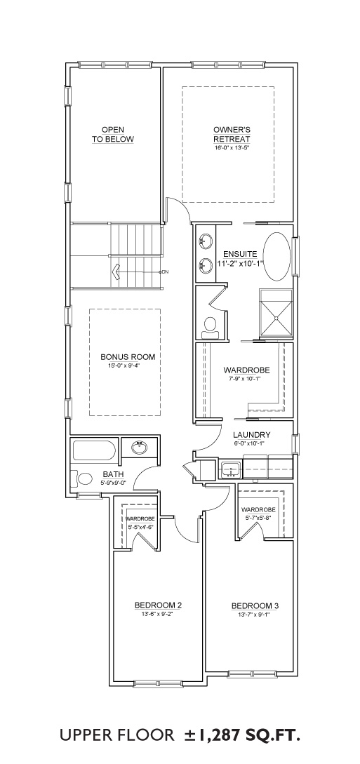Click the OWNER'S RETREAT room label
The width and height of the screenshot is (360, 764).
coord(232,134)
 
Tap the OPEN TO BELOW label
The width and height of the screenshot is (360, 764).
coord(112,134)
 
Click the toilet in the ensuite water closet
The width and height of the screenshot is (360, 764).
coord(211,327)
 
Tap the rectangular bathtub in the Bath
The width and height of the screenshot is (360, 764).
coord(94,450)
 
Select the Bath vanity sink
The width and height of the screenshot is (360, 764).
coord(140,448)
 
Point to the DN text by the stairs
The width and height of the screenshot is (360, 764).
coord(165,272)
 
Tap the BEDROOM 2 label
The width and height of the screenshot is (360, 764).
coord(159,605)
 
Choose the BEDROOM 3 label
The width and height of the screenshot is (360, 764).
coord(255,605)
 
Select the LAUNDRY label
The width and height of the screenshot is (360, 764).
coord(251,435)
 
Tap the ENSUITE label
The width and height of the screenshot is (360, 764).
coord(240,254)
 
